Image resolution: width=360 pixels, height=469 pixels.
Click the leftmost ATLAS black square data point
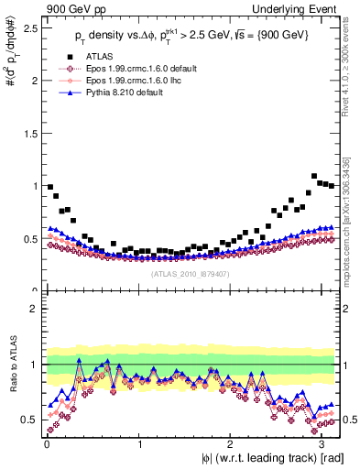coord(50,187)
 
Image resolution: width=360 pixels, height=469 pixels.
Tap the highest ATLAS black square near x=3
coord(314,176)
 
